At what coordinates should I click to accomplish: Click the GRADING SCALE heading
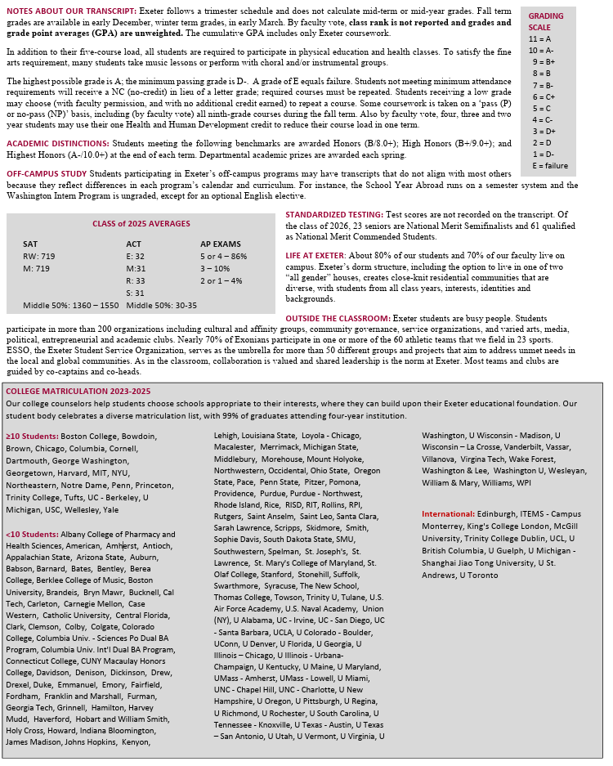point(545,21)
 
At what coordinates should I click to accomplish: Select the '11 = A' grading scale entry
point(540,38)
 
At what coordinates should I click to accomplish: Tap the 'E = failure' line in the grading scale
point(549,165)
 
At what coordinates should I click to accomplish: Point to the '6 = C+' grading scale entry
point(543,96)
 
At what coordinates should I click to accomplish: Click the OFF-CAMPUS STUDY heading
point(47,174)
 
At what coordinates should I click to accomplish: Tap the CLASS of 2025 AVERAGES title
point(141,223)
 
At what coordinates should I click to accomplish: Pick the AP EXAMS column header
point(220,244)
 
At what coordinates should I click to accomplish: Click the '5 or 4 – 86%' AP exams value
point(223,256)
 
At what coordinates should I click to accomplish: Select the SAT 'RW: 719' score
point(39,256)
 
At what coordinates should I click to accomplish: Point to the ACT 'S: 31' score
point(135,293)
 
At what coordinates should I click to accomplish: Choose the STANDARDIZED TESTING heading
point(334,214)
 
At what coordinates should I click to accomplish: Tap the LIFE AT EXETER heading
point(316,256)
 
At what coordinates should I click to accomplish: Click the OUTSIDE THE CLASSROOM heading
point(338,318)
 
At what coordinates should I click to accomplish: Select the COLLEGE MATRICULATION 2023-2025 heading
point(78,391)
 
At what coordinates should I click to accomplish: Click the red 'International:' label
point(448,513)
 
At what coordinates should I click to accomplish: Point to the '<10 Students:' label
point(32,534)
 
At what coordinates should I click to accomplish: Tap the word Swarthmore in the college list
point(236,586)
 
